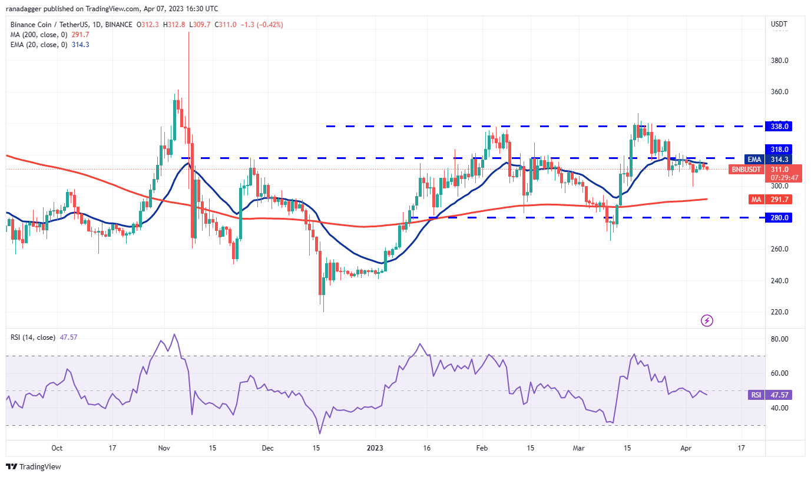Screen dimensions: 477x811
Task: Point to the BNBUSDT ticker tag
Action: (x=746, y=170)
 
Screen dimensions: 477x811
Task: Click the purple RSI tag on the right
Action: (x=756, y=395)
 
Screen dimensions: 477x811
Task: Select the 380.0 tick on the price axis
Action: (x=779, y=61)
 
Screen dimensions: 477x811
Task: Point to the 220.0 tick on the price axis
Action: (x=779, y=312)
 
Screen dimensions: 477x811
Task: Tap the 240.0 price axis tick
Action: (x=779, y=281)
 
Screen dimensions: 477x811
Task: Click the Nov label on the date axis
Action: (x=164, y=448)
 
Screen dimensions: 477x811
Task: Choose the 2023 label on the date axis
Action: (x=375, y=448)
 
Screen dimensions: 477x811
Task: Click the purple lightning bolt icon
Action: (x=707, y=321)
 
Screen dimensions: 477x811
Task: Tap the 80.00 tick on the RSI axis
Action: (x=779, y=339)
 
